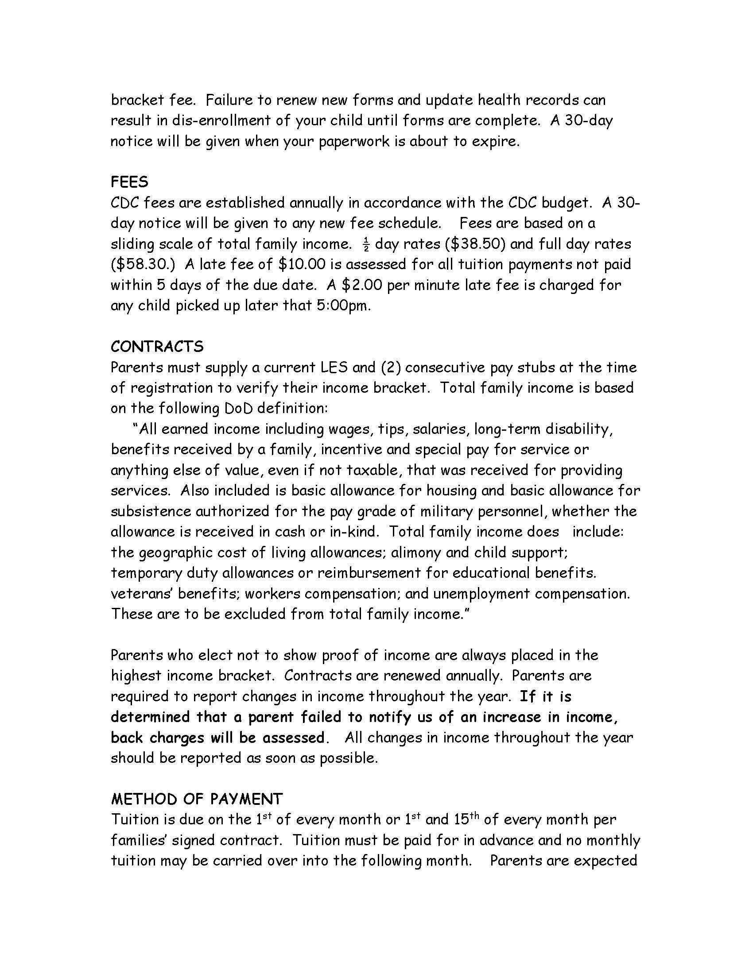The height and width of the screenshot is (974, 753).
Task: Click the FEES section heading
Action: click(x=129, y=182)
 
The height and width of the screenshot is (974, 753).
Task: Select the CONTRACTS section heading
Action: click(x=157, y=347)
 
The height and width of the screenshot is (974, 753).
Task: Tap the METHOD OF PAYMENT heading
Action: click(x=197, y=799)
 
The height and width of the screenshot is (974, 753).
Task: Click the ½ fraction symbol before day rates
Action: click(x=366, y=245)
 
